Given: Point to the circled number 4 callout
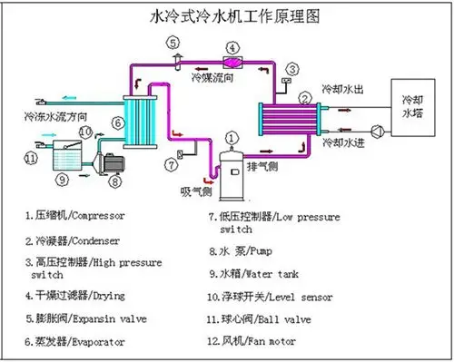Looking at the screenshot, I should (x=233, y=47).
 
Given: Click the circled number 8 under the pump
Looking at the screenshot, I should (x=115, y=180).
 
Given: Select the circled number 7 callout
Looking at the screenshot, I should (x=170, y=164).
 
